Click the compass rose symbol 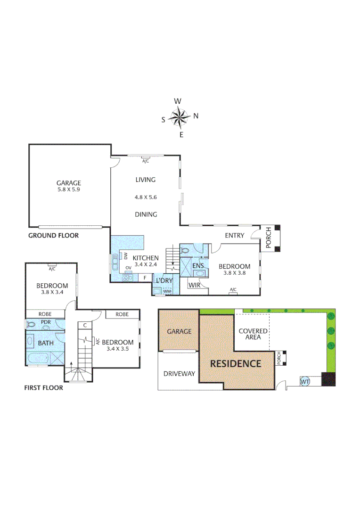[180, 117]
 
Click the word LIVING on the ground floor [145, 180]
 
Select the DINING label [146, 214]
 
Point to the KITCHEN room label [146, 258]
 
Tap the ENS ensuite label [198, 266]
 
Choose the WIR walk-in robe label [194, 285]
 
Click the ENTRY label [234, 235]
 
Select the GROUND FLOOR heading [53, 235]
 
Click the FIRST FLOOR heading [43, 388]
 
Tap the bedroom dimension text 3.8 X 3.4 [52, 292]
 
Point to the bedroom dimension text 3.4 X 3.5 [117, 349]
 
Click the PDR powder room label [46, 322]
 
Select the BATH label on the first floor [46, 343]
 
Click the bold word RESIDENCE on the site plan [235, 363]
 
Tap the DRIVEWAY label [179, 374]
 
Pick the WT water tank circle [304, 380]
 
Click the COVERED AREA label [253, 334]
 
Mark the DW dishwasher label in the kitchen [126, 256]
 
